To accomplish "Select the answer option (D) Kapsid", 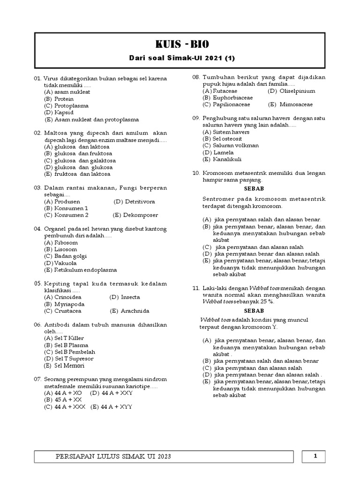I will click(x=59, y=112).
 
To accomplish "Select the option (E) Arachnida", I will click(x=129, y=311).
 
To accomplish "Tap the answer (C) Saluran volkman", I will click(x=230, y=145).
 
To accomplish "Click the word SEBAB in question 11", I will click(x=254, y=310).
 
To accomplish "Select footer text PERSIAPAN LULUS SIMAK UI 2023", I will click(x=113, y=456).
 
